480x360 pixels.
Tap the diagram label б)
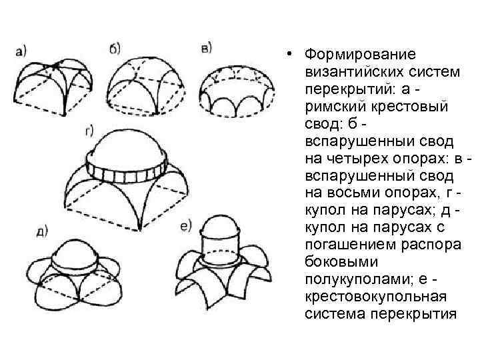point(114,49)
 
